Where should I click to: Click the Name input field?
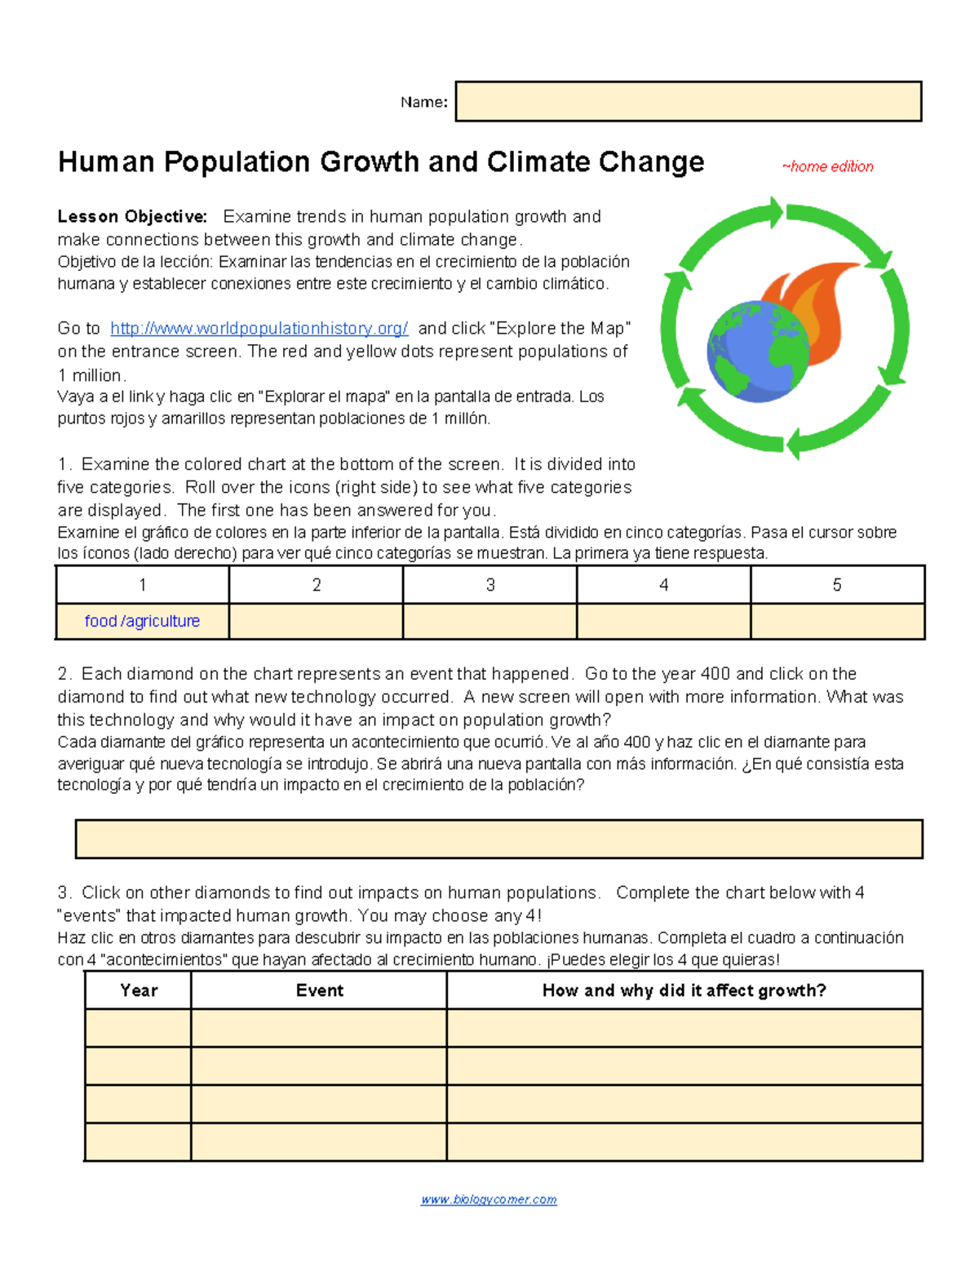point(688,101)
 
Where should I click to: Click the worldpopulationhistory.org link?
point(259,328)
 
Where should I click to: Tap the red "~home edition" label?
point(827,166)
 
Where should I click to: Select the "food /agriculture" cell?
point(142,621)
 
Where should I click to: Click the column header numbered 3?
point(489,585)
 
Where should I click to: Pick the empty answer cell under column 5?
point(837,621)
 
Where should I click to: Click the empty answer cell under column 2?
point(316,621)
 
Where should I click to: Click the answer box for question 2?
point(498,839)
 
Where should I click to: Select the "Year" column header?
point(138,990)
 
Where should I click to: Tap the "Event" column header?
point(319,990)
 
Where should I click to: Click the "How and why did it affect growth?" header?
point(684,990)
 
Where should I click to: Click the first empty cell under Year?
point(138,1028)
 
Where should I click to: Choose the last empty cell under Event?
point(319,1141)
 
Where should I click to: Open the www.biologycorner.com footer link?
point(489,1199)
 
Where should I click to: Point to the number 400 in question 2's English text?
point(715,674)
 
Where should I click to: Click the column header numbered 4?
point(663,585)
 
